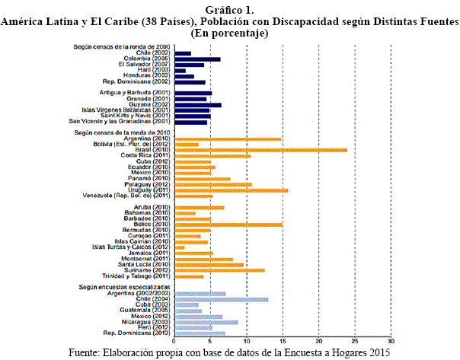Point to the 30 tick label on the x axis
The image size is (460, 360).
(391, 339)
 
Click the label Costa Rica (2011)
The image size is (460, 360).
(147, 156)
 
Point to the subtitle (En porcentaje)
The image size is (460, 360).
(229, 33)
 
